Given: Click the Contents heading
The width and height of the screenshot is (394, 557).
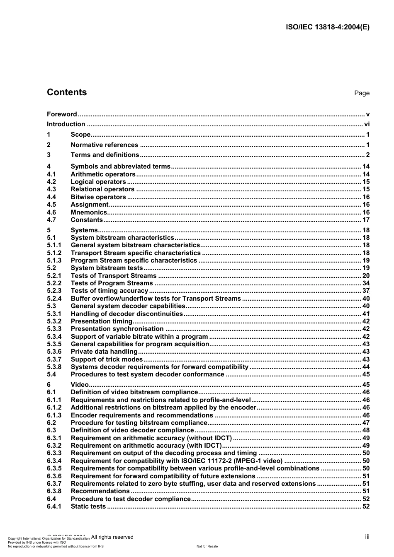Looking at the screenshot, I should pyautogui.click(x=67, y=92).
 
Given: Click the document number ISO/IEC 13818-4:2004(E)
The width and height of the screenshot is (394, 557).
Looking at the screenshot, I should pyautogui.click(x=328, y=27).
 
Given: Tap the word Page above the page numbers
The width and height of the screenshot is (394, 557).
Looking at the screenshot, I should pyautogui.click(x=362, y=93).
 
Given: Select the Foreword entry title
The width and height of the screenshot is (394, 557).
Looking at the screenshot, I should pyautogui.click(x=62, y=114).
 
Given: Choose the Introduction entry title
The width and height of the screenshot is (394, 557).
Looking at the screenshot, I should pyautogui.click(x=66, y=124).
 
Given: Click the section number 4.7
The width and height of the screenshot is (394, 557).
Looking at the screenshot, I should pyautogui.click(x=51, y=220).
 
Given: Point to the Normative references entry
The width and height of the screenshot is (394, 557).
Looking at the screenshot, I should pyautogui.click(x=104, y=145).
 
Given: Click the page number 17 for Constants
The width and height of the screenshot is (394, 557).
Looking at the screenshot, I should pyautogui.click(x=366, y=220).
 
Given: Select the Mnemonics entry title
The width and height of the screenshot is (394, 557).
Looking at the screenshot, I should pyautogui.click(x=89, y=212).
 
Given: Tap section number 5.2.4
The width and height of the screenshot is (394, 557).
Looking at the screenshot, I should pyautogui.click(x=54, y=299).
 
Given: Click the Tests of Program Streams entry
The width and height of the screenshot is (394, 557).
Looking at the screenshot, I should pyautogui.click(x=112, y=283).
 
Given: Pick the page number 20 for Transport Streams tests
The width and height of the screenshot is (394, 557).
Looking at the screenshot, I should pyautogui.click(x=366, y=276).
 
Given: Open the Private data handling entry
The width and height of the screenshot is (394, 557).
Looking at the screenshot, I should pyautogui.click(x=104, y=352).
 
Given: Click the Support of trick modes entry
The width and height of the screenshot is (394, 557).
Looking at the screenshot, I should pyautogui.click(x=107, y=359).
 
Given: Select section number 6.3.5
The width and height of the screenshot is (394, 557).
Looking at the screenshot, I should pyautogui.click(x=54, y=468).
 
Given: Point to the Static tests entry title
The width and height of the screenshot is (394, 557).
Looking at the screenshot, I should pyautogui.click(x=88, y=506).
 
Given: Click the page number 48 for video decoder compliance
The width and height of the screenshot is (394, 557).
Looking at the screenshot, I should pyautogui.click(x=366, y=430).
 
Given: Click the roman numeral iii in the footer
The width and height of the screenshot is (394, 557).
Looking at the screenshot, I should pyautogui.click(x=367, y=537).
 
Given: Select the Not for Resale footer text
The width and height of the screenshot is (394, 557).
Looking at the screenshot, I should pyautogui.click(x=207, y=546).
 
